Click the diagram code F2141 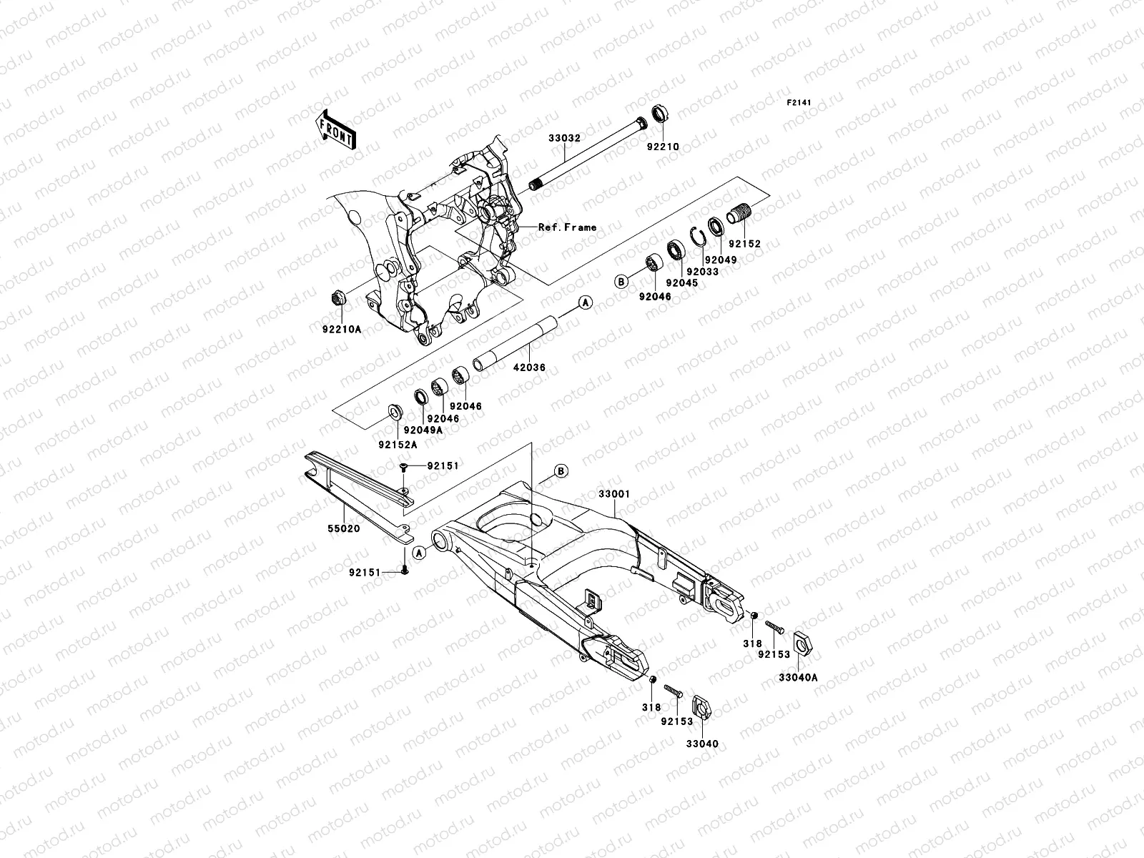[x=799, y=103]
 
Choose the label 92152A [x=398, y=444]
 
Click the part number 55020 [x=345, y=528]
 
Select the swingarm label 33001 [x=614, y=494]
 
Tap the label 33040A [x=798, y=677]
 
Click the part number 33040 [x=702, y=744]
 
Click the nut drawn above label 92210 [x=659, y=114]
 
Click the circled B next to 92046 [x=622, y=282]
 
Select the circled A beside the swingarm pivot [x=420, y=551]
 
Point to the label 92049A [x=423, y=430]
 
